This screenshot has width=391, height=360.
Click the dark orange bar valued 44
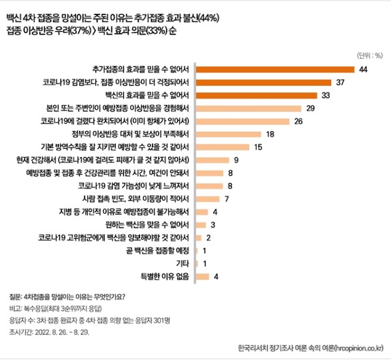[x=274, y=69]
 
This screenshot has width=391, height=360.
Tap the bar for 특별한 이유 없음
[x=202, y=276]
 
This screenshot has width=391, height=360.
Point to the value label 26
[x=298, y=121]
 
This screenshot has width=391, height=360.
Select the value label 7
[x=226, y=198]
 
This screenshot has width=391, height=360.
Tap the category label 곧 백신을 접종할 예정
[x=156, y=250]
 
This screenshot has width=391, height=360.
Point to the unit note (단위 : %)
[x=369, y=54]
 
